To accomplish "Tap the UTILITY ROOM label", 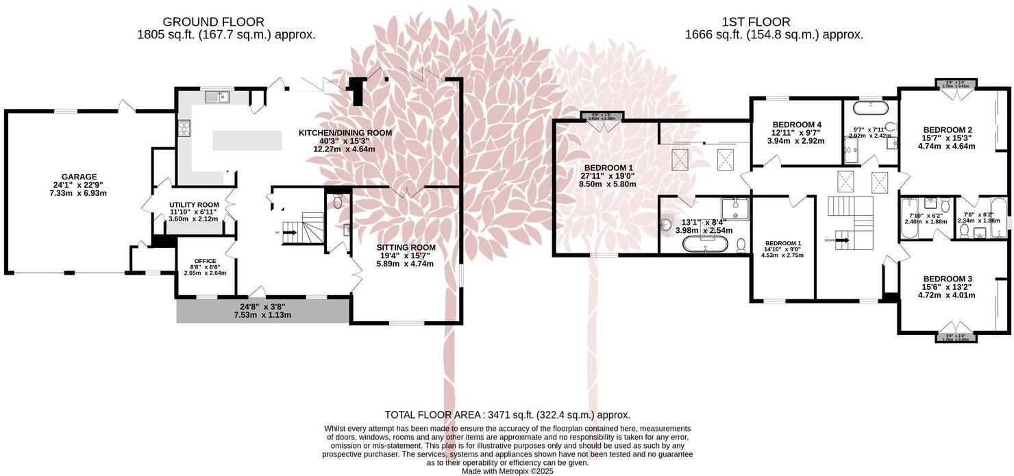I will point(194,205).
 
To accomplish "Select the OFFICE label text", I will point(205,261).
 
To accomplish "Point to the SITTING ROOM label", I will point(406,247).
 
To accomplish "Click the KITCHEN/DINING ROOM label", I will point(345,133).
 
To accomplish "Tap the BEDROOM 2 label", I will point(948,129).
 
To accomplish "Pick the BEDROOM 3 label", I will point(947,279).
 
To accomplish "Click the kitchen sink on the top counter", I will point(221,97).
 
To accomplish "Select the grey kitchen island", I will point(247,140).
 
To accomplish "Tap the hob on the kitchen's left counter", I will point(184,128).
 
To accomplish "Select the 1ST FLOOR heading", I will point(756,22).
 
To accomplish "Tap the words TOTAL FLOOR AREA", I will point(432,415).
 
